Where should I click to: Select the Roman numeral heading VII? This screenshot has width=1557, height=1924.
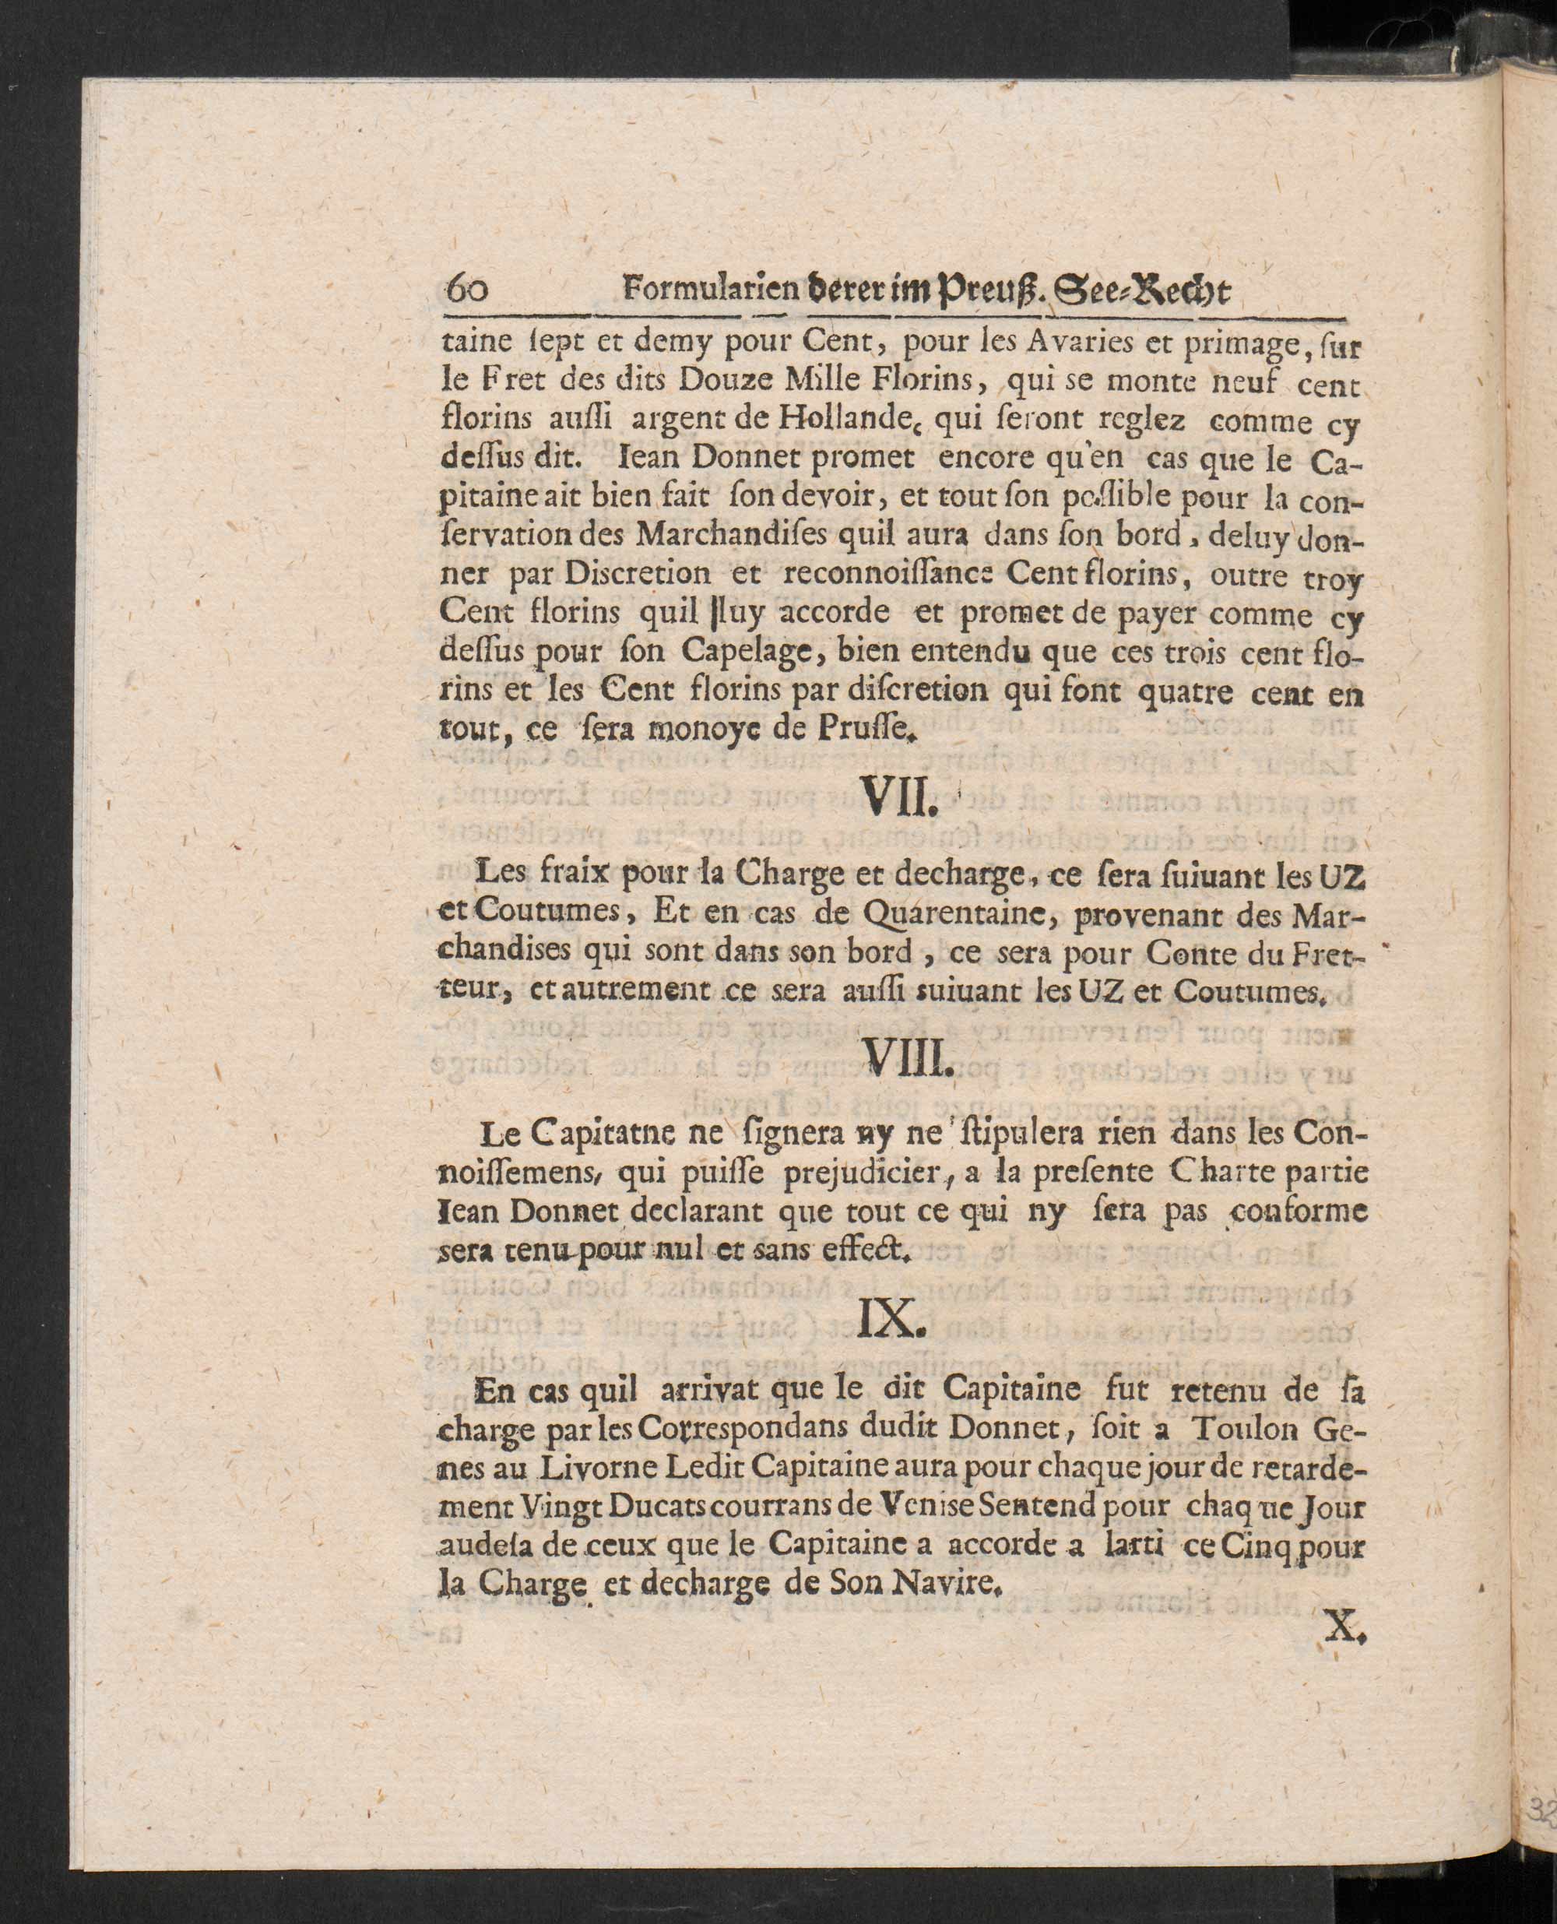click(898, 796)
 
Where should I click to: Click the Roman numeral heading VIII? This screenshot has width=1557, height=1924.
click(902, 1064)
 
